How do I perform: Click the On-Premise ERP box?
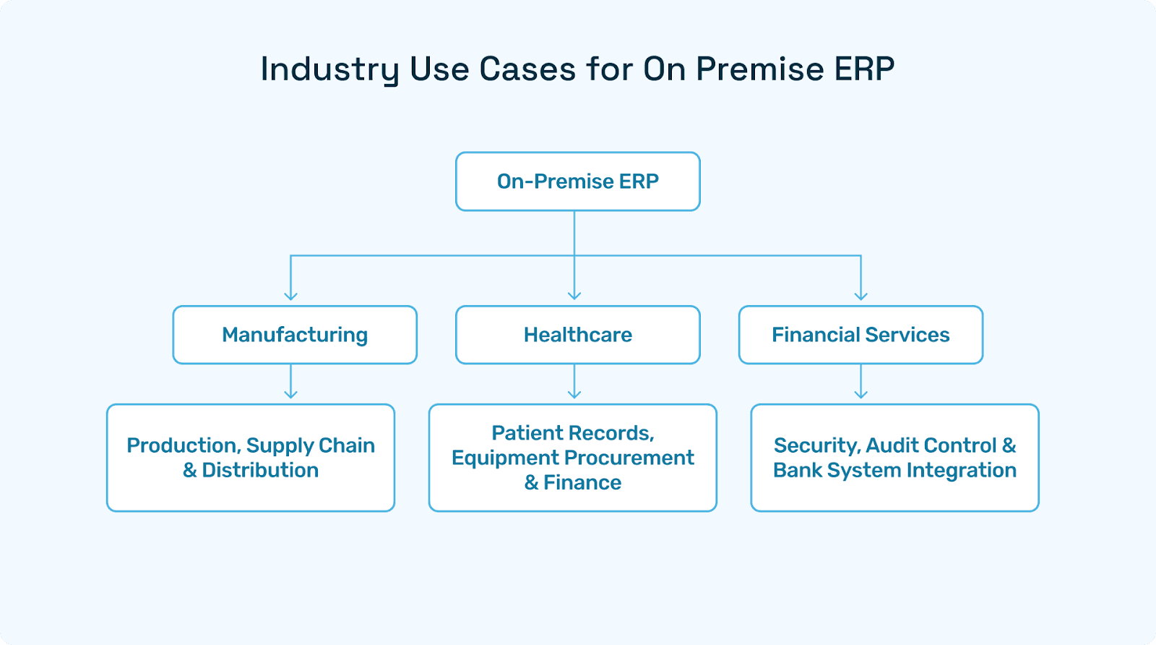[577, 181]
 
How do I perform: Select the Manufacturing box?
[295, 335]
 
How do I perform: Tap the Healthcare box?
[577, 335]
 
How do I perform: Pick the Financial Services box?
[860, 335]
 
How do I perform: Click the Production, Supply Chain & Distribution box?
[251, 458]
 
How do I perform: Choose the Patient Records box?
[572, 458]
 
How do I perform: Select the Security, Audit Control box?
[894, 458]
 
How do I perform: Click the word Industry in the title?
[329, 70]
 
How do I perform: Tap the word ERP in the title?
[865, 69]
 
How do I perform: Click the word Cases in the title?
[527, 69]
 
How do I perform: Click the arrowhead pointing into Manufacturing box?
[290, 295]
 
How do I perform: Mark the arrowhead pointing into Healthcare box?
[574, 295]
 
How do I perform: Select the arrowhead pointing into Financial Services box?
[860, 295]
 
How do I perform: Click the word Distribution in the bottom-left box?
[260, 471]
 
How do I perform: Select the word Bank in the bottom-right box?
[798, 471]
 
